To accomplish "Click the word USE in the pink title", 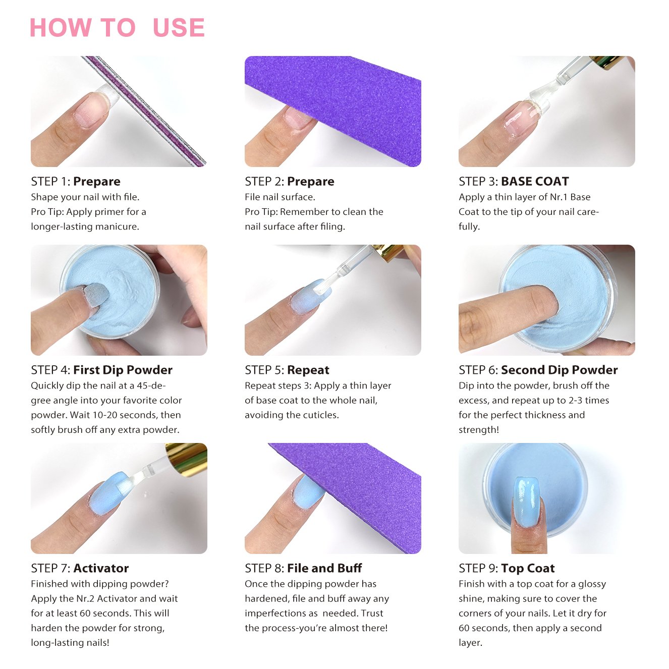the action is click(179, 27).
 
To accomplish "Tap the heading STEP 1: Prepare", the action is click(76, 181).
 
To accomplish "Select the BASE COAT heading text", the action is click(535, 181).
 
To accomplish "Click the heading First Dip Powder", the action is click(123, 370).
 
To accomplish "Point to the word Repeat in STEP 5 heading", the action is click(308, 370).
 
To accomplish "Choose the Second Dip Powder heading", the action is click(560, 370).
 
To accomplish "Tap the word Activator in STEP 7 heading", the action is click(101, 568).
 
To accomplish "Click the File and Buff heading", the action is click(324, 568).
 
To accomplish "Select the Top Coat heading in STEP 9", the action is click(528, 568).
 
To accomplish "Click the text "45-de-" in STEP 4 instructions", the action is click(151, 385).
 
